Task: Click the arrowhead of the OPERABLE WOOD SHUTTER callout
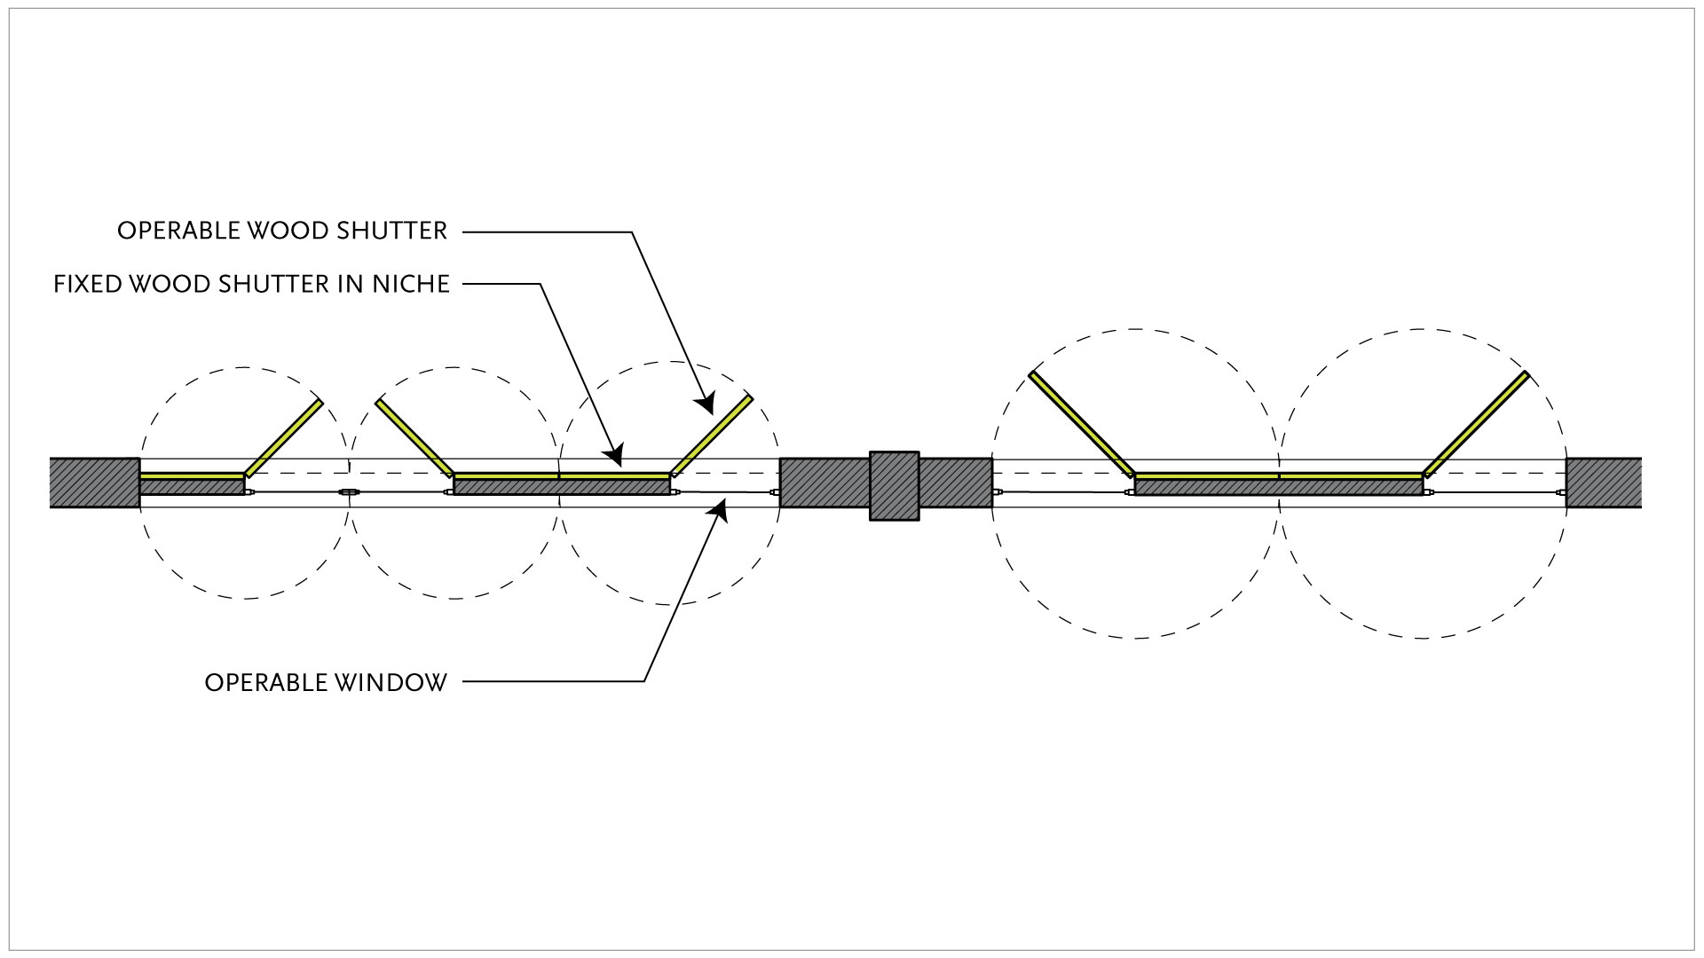(706, 404)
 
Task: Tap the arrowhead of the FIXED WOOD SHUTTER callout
(614, 455)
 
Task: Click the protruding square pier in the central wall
(894, 485)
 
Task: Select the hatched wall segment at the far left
(94, 483)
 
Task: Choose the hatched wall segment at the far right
(1603, 483)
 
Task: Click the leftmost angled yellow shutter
(283, 437)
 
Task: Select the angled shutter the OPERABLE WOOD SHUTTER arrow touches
(712, 435)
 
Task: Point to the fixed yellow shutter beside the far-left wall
(191, 476)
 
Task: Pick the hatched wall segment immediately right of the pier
(955, 483)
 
